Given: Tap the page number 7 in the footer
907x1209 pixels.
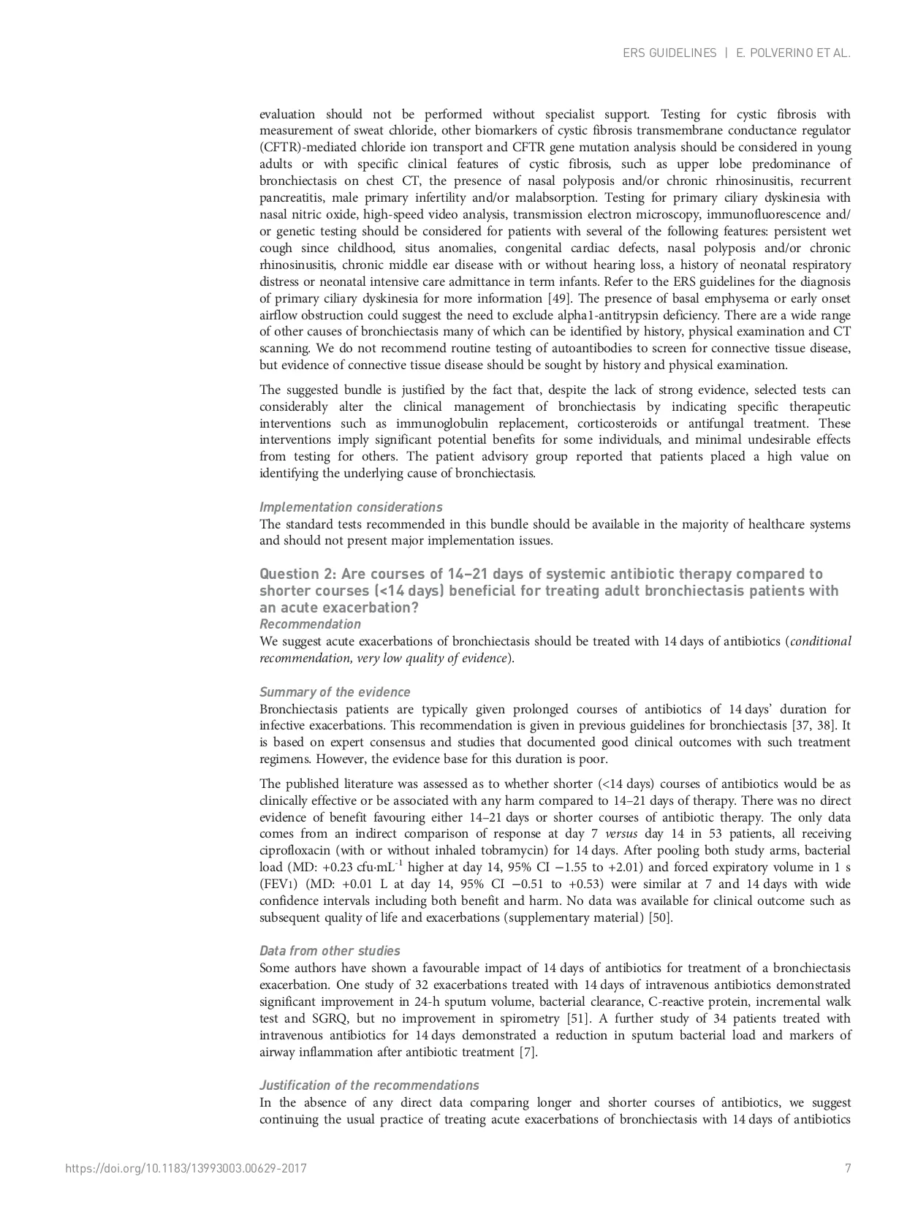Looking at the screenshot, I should tap(848, 1168).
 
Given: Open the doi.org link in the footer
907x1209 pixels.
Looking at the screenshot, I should tap(186, 1168).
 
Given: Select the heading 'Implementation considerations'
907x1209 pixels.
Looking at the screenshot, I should tap(351, 507).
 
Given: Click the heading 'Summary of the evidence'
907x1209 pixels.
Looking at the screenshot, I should tap(335, 692).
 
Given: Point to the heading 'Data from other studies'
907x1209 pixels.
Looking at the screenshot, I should tap(330, 951).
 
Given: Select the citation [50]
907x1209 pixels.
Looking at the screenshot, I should tap(661, 917).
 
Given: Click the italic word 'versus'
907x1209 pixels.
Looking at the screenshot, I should tap(621, 834).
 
